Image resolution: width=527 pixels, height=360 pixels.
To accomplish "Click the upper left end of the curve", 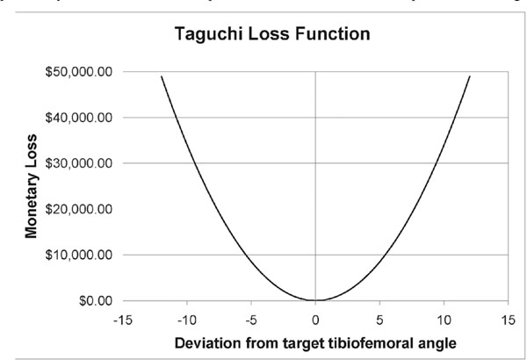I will pos(162,76).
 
